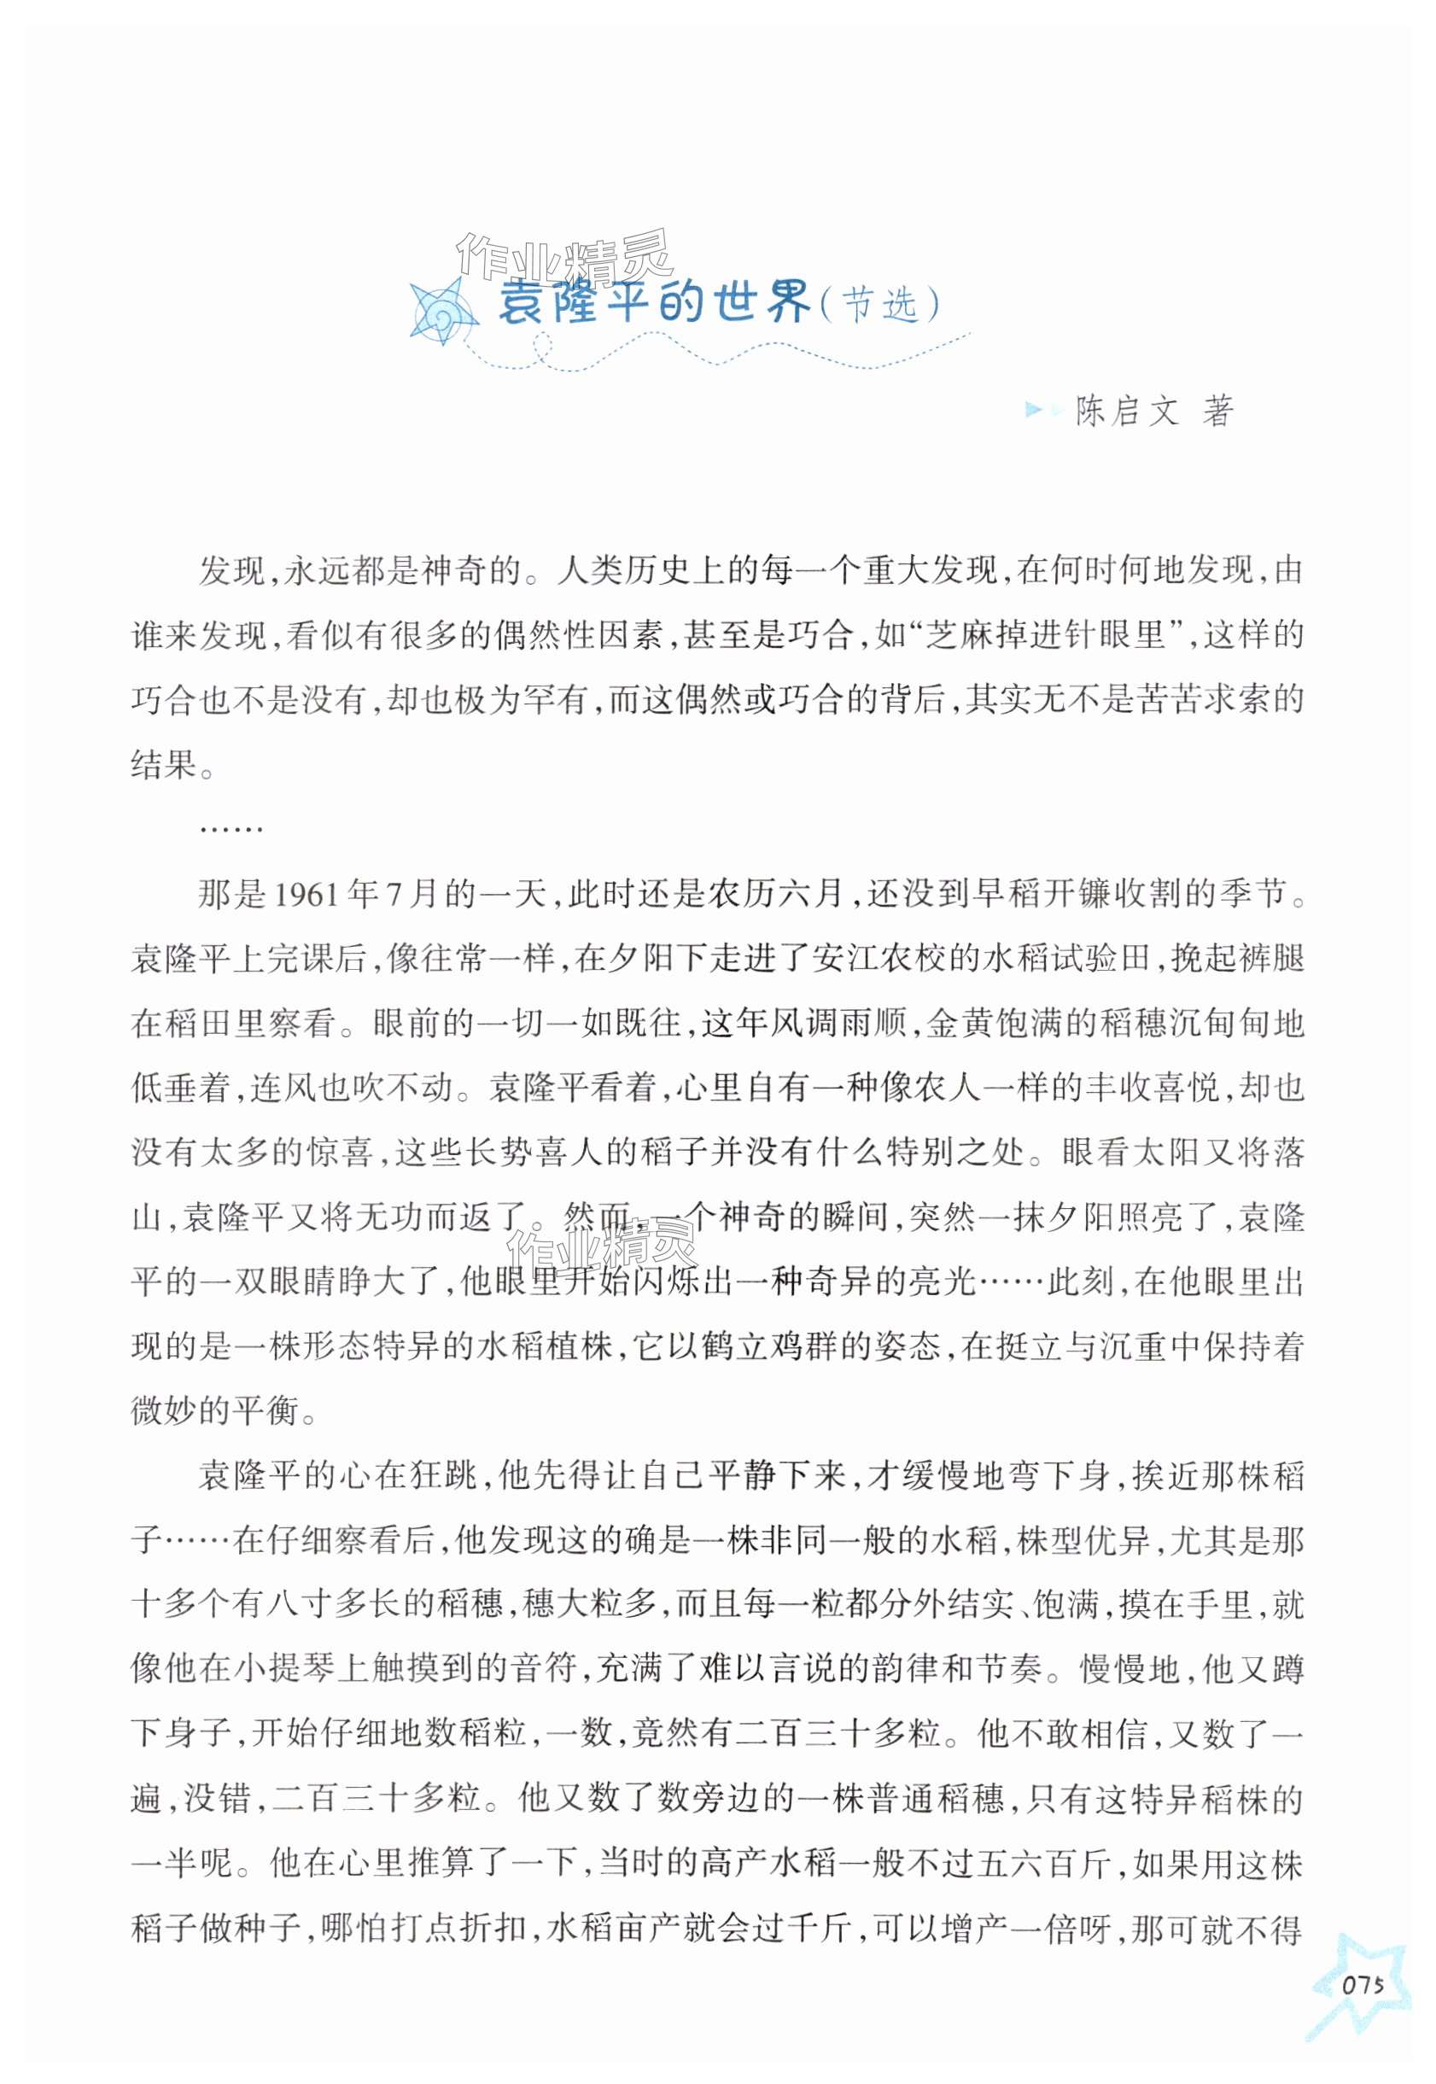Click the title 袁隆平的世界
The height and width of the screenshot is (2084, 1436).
click(654, 302)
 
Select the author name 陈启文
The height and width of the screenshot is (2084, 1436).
click(1126, 412)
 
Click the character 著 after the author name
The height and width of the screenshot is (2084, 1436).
click(1217, 412)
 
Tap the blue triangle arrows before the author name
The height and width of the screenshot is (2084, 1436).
click(1042, 412)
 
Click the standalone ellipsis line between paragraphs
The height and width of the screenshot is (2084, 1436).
click(231, 829)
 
